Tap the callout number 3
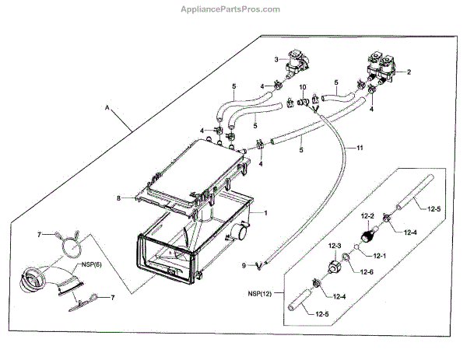pyautogui.click(x=276, y=59)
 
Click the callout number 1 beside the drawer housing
pyautogui.click(x=265, y=211)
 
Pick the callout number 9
pyautogui.click(x=243, y=266)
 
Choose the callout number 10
pyautogui.click(x=304, y=88)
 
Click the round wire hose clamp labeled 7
pyautogui.click(x=71, y=246)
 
